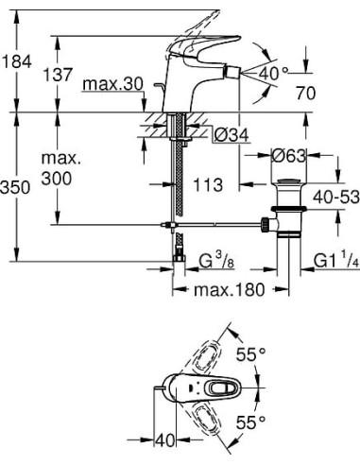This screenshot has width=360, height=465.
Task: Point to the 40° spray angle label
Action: (x=273, y=73)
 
